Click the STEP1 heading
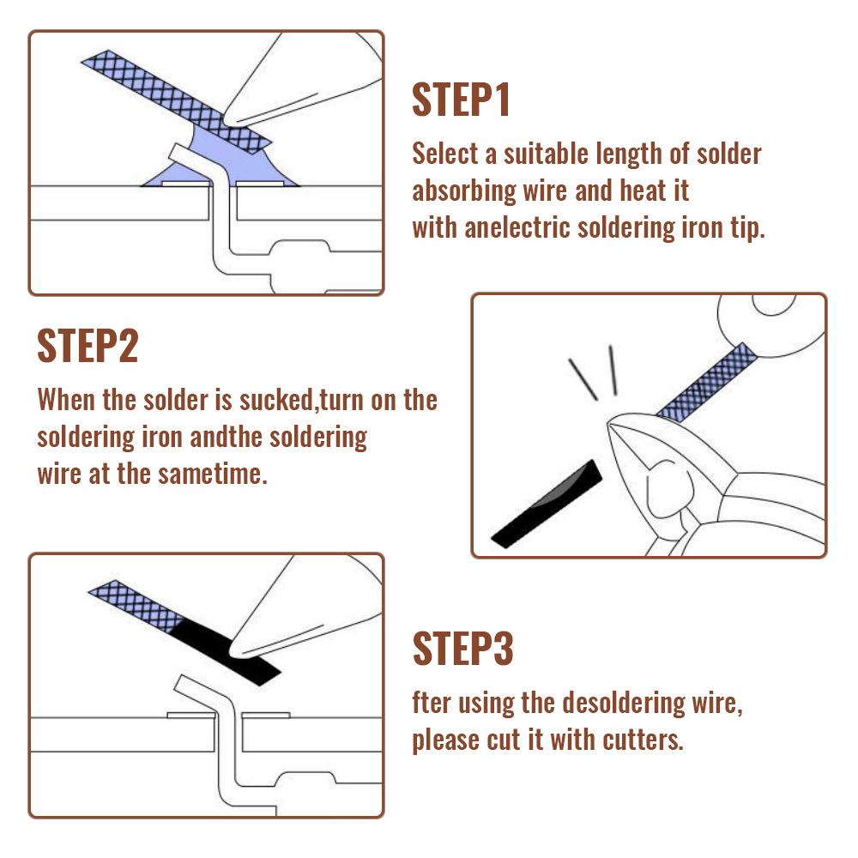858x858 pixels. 461,100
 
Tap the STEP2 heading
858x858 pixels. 87,346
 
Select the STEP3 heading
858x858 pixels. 462,649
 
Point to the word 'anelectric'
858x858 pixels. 517,228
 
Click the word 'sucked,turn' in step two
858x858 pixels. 317,400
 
